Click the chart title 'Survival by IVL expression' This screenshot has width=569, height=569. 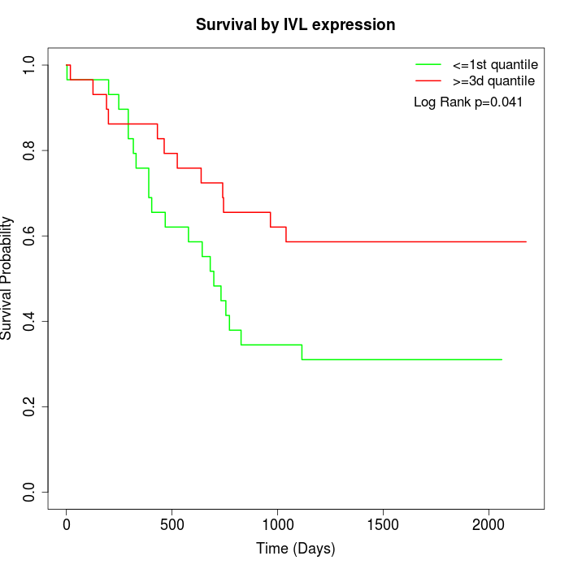click(295, 25)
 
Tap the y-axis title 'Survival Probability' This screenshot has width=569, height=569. click(7, 277)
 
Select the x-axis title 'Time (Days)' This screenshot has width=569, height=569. click(295, 549)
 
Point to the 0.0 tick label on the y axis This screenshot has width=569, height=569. click(30, 492)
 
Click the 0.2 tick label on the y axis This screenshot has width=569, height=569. click(30, 406)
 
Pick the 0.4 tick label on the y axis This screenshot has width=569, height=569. click(30, 321)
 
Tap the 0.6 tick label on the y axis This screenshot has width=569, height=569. click(30, 236)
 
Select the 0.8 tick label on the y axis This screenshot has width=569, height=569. click(30, 150)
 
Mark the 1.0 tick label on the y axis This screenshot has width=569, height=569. click(30, 65)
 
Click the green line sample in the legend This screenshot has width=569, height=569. click(428, 64)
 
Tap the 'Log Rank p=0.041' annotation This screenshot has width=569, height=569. click(468, 102)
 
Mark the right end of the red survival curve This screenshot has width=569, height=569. click(526, 241)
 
